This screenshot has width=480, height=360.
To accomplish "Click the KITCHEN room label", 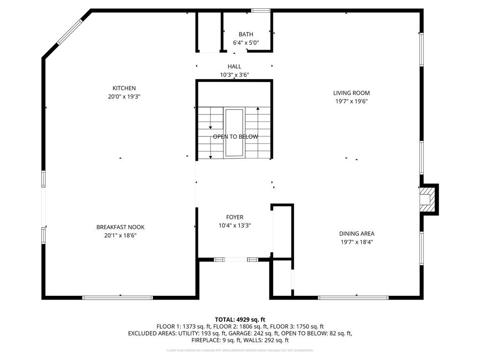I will (124, 88).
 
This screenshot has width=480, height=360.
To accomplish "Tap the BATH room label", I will (246, 34).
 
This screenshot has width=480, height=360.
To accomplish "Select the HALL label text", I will (234, 67).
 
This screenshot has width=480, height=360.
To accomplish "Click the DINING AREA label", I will (357, 233).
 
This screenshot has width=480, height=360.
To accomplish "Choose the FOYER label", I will (234, 217).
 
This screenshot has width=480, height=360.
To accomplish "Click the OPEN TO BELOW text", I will (235, 137).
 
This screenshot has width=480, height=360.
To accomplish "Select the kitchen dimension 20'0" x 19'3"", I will (124, 97).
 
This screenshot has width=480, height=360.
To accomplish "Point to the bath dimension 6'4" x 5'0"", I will (246, 43).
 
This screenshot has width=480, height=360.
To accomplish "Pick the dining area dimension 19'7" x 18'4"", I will (357, 242).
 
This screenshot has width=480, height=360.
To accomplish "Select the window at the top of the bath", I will (261, 10).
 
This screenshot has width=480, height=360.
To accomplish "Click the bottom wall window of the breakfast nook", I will (117, 297).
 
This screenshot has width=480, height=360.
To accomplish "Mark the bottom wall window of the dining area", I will (353, 297).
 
